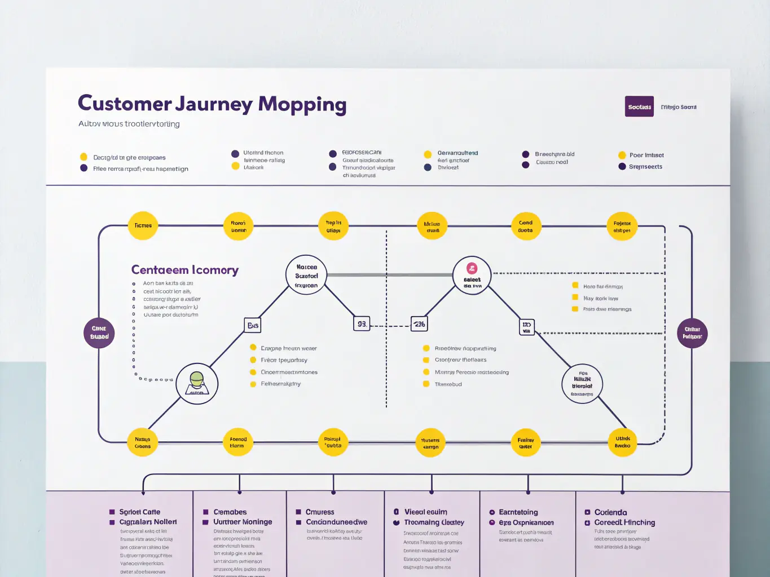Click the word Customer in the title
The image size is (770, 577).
point(124,104)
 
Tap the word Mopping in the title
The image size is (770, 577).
point(302,105)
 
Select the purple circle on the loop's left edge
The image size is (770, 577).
point(99,332)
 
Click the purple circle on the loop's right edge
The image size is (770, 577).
point(692,332)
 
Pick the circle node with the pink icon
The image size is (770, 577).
point(472,275)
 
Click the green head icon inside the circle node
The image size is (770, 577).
point(197,379)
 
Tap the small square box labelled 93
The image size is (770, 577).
point(362,324)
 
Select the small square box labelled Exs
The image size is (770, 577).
point(253,325)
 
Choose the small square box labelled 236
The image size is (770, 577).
point(419,324)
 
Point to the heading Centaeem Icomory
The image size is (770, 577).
point(184,270)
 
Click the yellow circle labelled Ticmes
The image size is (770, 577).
point(143,225)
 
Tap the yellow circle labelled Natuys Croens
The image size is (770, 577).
point(143,442)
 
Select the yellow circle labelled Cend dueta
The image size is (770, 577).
point(526,226)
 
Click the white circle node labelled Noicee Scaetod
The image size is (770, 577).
point(306,276)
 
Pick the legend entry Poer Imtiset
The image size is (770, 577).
point(646,155)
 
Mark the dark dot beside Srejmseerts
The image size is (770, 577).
point(622,166)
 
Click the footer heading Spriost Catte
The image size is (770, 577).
point(139,512)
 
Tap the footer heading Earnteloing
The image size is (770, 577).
point(518,512)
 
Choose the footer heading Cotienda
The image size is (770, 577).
point(610,512)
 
